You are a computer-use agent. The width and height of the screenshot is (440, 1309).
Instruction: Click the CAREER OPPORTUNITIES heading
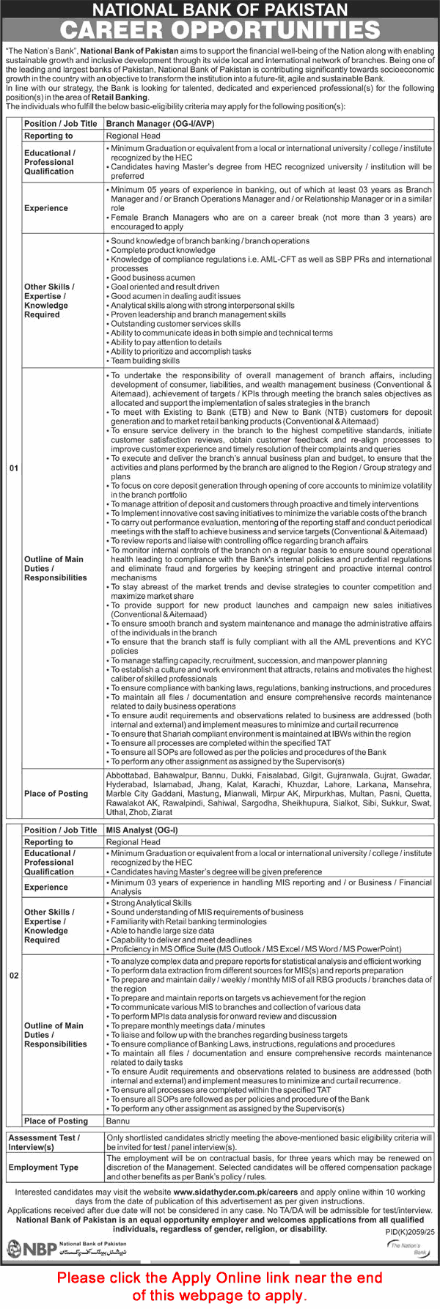coord(220,30)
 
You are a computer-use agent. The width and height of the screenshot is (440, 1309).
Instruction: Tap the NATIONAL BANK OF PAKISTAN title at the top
coord(220,10)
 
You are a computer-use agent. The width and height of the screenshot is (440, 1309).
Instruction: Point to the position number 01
coord(14,468)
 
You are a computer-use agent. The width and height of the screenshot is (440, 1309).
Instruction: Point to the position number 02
coord(14,976)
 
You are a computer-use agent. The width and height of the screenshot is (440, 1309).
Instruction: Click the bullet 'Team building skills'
coord(145,361)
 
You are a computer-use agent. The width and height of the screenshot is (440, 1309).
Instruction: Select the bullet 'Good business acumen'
coord(153,278)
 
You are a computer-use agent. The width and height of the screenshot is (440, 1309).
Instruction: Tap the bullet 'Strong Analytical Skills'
coord(151,903)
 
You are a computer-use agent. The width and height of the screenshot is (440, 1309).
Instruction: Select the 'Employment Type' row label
coord(43,1167)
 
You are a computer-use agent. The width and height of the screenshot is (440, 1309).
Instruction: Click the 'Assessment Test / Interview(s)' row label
coord(43,1142)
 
